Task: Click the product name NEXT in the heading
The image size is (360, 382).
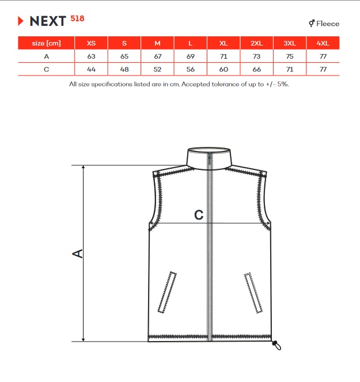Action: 48,21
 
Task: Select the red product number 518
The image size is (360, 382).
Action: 77,18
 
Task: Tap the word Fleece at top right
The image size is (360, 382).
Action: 328,24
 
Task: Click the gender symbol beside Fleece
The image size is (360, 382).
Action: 312,24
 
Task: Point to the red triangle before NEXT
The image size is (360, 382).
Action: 21,21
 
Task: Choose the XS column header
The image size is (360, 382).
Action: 91,43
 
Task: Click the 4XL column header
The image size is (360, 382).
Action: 323,43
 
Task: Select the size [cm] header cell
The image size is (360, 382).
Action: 46,43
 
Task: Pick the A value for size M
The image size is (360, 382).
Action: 158,56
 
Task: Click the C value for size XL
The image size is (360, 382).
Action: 223,70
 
